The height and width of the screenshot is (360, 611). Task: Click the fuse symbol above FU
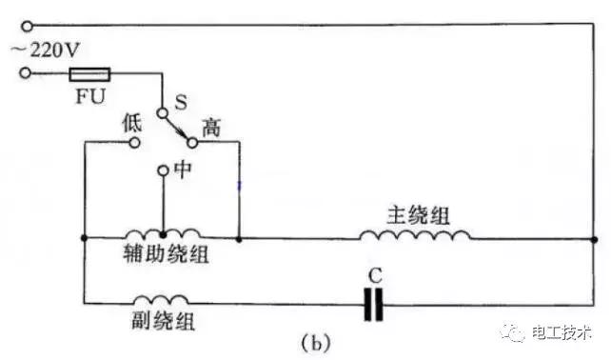[92, 72]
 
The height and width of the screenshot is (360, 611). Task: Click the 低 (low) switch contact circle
[134, 143]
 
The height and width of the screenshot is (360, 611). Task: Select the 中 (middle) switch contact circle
[163, 171]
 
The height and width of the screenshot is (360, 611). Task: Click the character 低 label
[133, 121]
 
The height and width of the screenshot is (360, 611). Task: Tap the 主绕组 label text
[416, 211]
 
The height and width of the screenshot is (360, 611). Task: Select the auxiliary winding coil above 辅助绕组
[163, 234]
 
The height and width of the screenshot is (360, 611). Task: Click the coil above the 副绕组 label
[160, 300]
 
